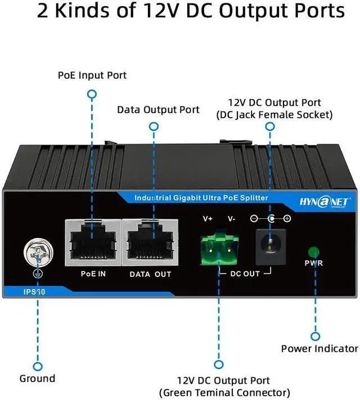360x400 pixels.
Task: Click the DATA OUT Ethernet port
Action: click(x=149, y=242)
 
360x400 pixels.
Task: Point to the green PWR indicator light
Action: click(x=313, y=251)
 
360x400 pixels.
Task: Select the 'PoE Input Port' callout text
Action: click(x=92, y=75)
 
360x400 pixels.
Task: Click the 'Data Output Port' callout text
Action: click(x=158, y=109)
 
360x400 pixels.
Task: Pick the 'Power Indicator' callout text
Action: click(x=319, y=349)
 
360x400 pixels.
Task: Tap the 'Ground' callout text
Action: click(x=37, y=378)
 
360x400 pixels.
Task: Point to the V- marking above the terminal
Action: click(x=231, y=218)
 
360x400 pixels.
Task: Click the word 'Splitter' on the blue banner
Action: click(x=251, y=198)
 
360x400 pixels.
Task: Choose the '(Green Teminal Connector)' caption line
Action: click(x=225, y=392)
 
